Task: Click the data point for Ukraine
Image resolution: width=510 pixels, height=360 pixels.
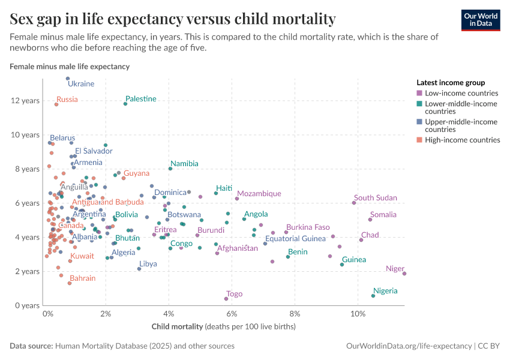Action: pyautogui.click(x=68, y=79)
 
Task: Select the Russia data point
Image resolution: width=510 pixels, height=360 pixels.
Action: pyautogui.click(x=56, y=104)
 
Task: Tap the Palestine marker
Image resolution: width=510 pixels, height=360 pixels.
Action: pyautogui.click(x=125, y=104)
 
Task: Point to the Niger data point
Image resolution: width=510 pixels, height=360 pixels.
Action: pyautogui.click(x=404, y=274)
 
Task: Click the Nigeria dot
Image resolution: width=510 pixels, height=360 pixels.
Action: pyautogui.click(x=373, y=296)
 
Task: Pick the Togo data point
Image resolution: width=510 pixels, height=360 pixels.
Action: pyautogui.click(x=226, y=299)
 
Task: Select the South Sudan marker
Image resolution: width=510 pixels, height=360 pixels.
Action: pyautogui.click(x=354, y=203)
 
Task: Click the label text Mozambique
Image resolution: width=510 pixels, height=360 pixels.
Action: pyautogui.click(x=259, y=194)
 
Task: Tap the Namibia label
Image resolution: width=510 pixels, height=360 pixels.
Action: pyautogui.click(x=184, y=163)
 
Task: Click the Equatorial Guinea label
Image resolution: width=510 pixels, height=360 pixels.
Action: pyautogui.click(x=295, y=239)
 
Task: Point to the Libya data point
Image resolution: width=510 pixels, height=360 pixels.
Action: pyautogui.click(x=139, y=269)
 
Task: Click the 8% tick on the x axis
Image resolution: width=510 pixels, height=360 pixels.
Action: pyautogui.click(x=295, y=314)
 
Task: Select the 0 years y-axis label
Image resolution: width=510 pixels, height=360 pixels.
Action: pyautogui.click(x=27, y=305)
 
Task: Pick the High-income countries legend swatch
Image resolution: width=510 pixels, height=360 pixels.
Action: pyautogui.click(x=419, y=140)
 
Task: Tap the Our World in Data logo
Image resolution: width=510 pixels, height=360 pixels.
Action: pyautogui.click(x=481, y=20)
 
